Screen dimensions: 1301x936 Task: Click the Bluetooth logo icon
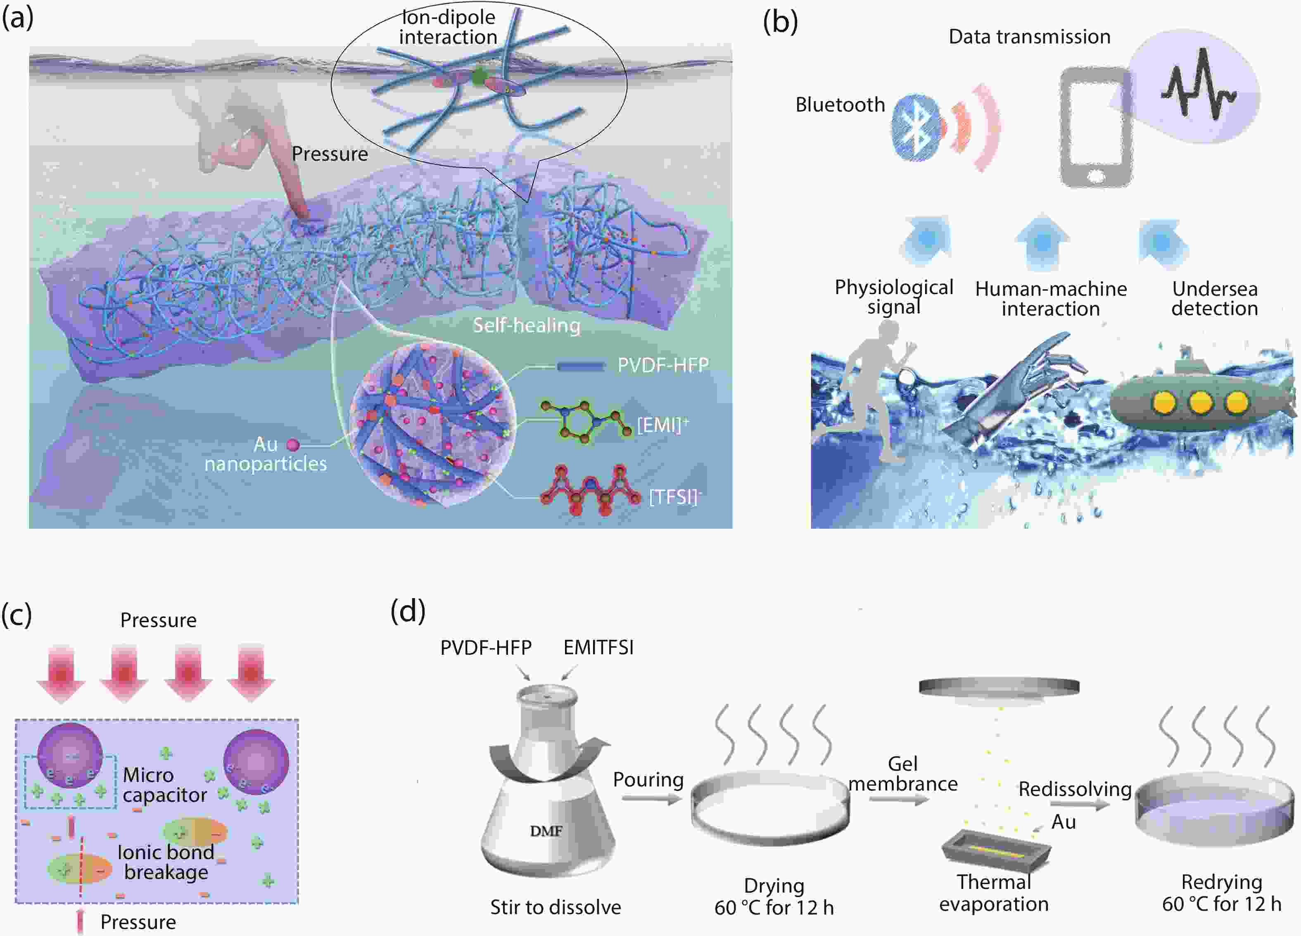coord(916,127)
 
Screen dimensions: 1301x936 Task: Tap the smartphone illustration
coord(1096,127)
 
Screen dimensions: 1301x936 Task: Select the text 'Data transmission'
coord(1030,37)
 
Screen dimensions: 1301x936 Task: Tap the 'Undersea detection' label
coord(1214,298)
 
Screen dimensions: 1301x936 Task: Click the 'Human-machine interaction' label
coord(1051,299)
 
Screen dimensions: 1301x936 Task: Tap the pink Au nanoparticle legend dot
coord(293,444)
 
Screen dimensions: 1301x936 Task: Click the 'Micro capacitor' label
coord(165,784)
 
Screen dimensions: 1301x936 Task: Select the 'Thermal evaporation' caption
coord(994,893)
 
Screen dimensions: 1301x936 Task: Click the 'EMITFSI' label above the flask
coord(598,648)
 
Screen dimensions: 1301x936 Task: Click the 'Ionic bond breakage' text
coord(166,862)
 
